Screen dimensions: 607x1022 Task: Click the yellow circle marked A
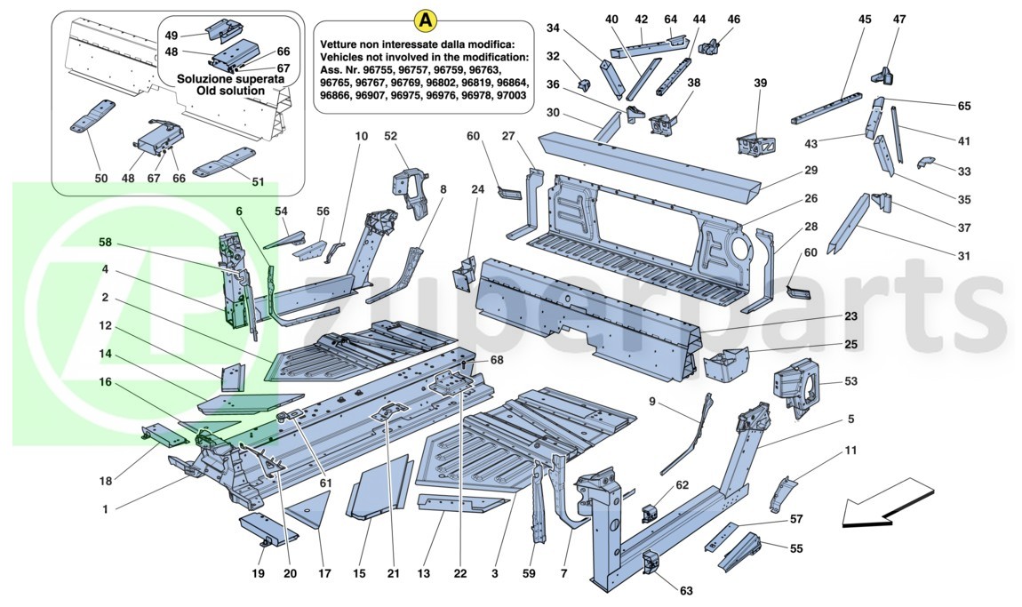(426, 19)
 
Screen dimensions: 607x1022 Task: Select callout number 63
(686, 590)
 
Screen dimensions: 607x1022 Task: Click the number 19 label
(258, 573)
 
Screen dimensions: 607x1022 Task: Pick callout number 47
(898, 19)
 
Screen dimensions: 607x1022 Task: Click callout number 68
(497, 360)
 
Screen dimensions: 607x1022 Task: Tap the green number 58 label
(106, 241)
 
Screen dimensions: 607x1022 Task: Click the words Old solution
(231, 91)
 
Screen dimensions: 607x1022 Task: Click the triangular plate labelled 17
(311, 509)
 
